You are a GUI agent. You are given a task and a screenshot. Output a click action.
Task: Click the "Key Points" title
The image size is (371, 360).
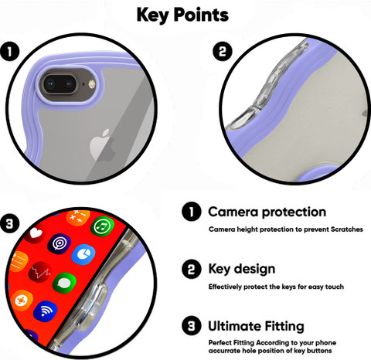[x=182, y=15]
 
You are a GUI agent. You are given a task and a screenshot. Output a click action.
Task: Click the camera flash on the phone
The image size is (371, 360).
[x=91, y=83]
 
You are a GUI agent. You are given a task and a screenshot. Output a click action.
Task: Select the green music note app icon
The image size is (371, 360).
[x=102, y=226]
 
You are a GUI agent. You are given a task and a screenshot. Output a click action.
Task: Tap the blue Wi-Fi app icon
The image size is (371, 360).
[x=45, y=311]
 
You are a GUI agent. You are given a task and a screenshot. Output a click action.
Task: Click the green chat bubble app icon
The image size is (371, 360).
[x=64, y=284]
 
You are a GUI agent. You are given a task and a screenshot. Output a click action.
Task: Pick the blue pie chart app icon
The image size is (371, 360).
[x=83, y=254]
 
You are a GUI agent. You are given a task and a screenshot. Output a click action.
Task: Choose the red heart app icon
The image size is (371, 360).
[x=36, y=233]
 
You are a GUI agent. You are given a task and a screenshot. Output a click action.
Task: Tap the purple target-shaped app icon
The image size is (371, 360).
[x=59, y=243]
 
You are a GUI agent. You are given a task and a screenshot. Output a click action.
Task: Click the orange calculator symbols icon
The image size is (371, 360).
[x=77, y=218]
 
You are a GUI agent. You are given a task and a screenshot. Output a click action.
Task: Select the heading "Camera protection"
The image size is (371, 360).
[x=267, y=212]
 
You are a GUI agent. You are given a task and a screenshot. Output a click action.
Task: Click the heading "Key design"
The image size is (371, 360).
[x=242, y=269]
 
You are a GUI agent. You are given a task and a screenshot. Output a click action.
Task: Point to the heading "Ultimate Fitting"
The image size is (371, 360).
[x=256, y=326]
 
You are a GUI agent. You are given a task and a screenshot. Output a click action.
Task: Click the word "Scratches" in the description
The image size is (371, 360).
[x=347, y=229]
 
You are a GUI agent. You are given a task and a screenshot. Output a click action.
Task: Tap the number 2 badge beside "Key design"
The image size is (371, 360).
[x=192, y=269]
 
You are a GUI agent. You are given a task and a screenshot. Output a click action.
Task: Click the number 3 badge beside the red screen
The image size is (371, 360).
[x=10, y=223]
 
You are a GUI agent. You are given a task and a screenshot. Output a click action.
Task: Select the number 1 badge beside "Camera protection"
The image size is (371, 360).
[x=192, y=212]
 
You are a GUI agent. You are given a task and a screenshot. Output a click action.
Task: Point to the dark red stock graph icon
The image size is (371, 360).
[x=40, y=272]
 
